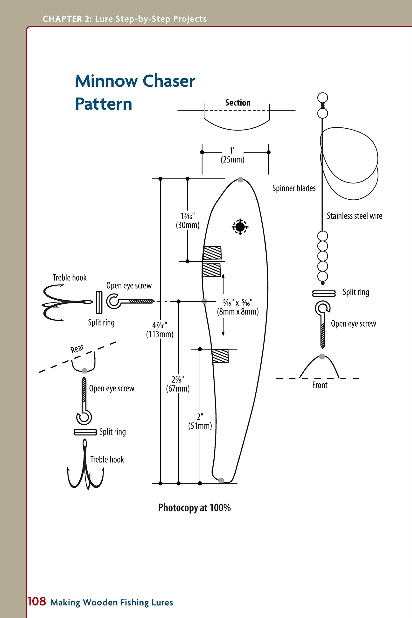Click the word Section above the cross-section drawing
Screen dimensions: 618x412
pos(238,103)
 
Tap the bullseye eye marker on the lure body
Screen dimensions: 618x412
pos(240,226)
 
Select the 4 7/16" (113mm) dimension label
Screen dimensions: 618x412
pos(160,330)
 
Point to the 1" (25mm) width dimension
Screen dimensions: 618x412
pos(232,155)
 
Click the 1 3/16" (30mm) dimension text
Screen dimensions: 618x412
pos(188,220)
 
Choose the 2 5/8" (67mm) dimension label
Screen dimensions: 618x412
pos(178,384)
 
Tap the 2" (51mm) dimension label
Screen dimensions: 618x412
pos(200,421)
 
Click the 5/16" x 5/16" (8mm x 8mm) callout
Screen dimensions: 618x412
pos(238,307)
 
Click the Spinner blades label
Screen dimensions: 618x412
pos(294,188)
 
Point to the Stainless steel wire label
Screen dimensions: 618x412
pos(354,216)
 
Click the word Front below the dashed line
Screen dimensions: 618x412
pos(320,385)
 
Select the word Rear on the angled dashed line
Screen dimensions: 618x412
pos(77,349)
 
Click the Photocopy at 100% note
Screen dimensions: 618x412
pos(195,508)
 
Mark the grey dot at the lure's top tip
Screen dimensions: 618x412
pos(240,179)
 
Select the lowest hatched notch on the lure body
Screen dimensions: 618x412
pos(220,356)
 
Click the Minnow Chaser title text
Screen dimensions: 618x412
pos(135,81)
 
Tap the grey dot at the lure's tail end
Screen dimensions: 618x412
pos(221,480)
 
